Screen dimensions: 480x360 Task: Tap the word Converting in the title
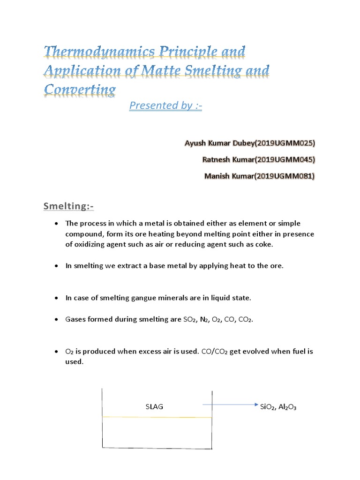[80, 89]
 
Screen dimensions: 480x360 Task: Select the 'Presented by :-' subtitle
[165, 105]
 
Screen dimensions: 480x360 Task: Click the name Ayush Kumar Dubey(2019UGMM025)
[249, 143]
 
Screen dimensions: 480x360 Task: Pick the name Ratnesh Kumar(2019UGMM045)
[258, 159]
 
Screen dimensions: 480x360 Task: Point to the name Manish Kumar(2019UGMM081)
[259, 176]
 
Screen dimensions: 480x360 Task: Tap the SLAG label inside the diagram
[154, 407]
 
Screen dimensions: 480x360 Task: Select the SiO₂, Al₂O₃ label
[278, 407]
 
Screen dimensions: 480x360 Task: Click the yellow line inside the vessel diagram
[157, 417]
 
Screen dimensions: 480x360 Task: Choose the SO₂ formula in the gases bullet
[190, 320]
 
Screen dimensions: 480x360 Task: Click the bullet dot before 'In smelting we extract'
[56, 266]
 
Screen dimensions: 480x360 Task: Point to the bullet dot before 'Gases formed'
[56, 320]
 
